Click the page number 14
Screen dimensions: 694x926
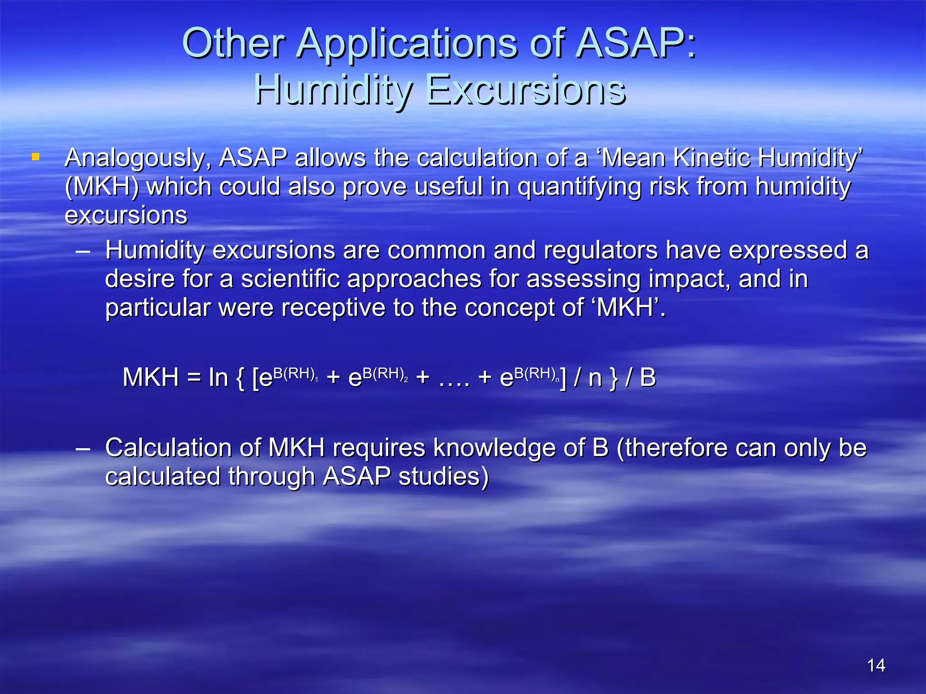(876, 666)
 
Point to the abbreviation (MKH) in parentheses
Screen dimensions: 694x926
(102, 187)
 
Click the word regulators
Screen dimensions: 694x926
(600, 250)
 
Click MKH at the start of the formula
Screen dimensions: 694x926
(151, 377)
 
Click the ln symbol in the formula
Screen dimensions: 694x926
(218, 377)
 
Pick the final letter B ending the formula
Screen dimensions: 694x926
(648, 377)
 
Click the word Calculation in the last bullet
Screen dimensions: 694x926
(168, 448)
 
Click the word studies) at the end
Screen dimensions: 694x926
(444, 476)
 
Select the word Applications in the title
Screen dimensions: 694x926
(408, 43)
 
